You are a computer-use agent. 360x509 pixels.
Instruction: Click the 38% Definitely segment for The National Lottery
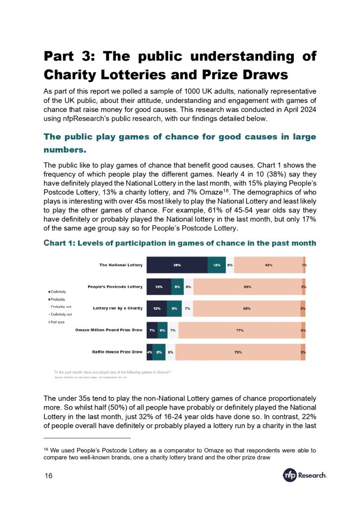click(177, 265)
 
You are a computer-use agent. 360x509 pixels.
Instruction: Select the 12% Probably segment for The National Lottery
click(217, 265)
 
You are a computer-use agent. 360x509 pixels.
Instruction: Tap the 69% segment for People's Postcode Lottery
click(247, 287)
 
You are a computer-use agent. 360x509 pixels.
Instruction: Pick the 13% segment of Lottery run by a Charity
click(157, 309)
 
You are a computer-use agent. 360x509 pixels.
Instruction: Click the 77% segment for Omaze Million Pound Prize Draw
click(239, 330)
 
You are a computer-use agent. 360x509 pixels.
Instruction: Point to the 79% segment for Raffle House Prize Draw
click(238, 352)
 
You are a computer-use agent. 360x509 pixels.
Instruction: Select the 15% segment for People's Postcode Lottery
click(159, 287)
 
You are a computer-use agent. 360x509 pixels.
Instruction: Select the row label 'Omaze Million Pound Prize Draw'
click(109, 330)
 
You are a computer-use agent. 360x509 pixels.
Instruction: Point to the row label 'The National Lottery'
click(121, 265)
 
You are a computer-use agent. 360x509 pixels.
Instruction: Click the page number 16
click(48, 476)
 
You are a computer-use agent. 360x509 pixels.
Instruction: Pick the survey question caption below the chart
click(112, 372)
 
